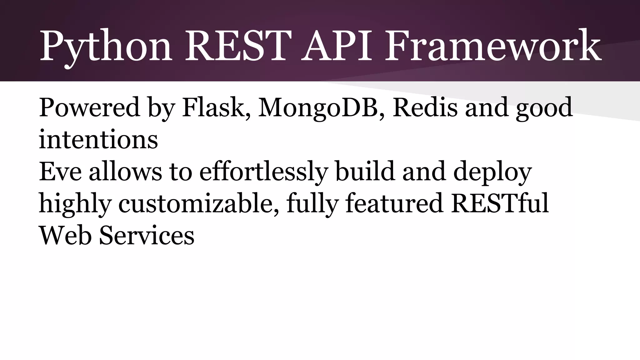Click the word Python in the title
[x=106, y=46]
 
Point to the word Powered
[x=89, y=107]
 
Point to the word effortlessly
[x=263, y=172]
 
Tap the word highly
[x=75, y=204]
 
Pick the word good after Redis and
[x=544, y=108]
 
